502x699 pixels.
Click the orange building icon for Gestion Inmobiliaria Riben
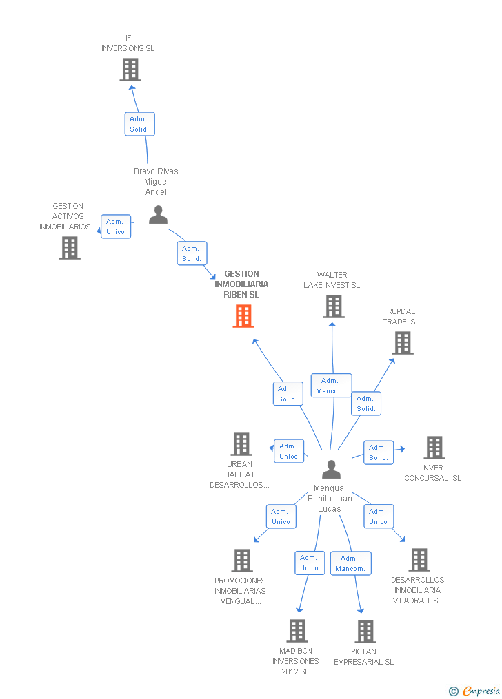[x=243, y=316]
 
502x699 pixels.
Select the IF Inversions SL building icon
[x=130, y=70]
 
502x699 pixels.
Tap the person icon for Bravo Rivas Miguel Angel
[x=158, y=214]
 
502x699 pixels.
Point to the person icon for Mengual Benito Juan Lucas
[x=331, y=469]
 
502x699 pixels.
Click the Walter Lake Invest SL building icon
[x=334, y=306]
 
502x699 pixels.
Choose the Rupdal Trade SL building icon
[x=403, y=343]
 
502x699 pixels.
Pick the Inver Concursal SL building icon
[x=434, y=448]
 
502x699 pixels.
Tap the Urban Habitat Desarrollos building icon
[x=241, y=444]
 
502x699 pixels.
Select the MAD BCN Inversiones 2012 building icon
[x=297, y=631]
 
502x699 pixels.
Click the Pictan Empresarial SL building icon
[x=365, y=632]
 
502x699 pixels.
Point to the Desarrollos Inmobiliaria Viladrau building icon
[x=419, y=560]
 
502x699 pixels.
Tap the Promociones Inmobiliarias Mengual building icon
[x=242, y=561]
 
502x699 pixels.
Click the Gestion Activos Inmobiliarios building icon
[x=70, y=248]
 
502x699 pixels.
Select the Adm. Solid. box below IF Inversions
[x=140, y=124]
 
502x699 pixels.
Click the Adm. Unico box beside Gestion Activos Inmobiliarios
[x=116, y=227]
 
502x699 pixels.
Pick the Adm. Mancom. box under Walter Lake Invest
[x=332, y=386]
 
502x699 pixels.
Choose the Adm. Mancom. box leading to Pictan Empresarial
[x=351, y=563]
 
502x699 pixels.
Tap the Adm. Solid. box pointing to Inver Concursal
[x=379, y=452]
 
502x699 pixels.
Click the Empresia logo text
[x=481, y=691]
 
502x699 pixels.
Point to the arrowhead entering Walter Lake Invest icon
[x=332, y=325]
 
